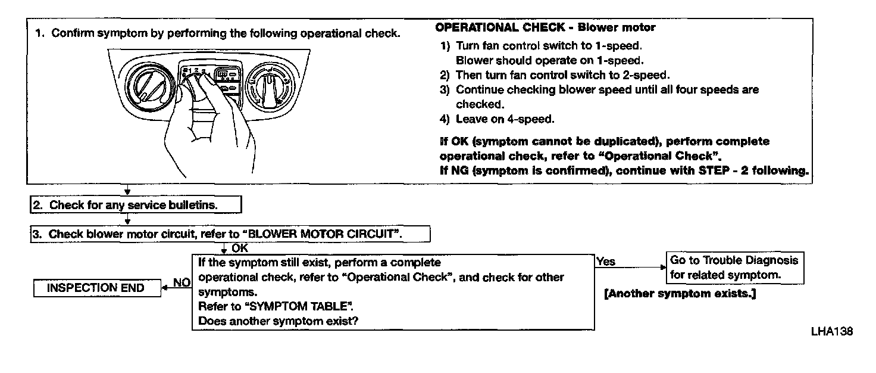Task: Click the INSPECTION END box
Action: (x=96, y=288)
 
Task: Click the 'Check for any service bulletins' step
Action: (x=136, y=205)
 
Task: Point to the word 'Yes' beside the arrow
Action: (x=606, y=262)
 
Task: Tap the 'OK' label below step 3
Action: (x=240, y=248)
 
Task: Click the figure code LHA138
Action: (x=831, y=331)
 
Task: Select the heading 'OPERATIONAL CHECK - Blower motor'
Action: (x=545, y=27)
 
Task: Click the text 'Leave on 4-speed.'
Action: (x=505, y=119)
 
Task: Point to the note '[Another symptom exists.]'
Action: (x=680, y=294)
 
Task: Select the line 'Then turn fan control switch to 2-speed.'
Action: (x=562, y=75)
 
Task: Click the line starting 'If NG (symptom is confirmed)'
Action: (x=624, y=170)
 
